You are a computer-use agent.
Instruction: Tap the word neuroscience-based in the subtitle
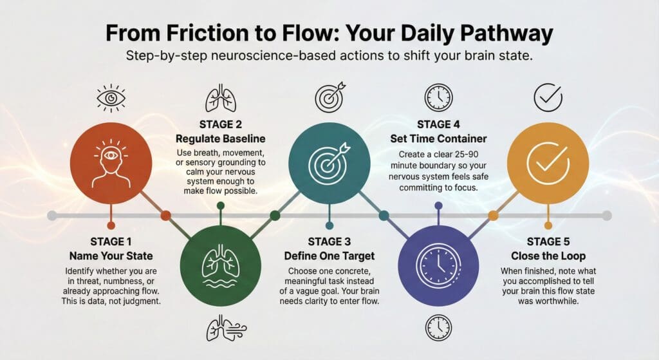(x=272, y=57)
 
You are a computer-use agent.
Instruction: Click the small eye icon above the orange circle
(x=111, y=98)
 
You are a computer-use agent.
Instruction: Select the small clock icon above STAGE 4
(x=438, y=98)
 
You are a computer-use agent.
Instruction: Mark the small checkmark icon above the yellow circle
(x=547, y=98)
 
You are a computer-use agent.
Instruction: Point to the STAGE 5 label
(x=548, y=242)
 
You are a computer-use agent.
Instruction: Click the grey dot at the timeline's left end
(x=51, y=215)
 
